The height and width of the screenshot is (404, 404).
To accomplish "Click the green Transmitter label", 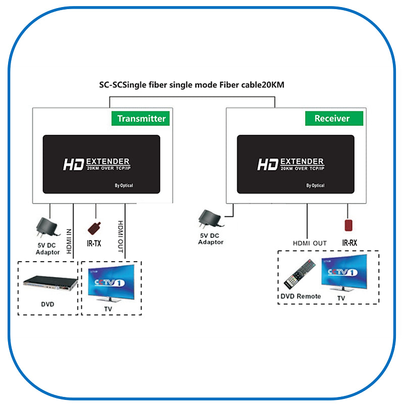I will pos(141,119).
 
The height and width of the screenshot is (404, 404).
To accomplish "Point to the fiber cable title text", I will pos(191,85).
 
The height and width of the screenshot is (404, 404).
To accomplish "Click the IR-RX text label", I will pos(349,243).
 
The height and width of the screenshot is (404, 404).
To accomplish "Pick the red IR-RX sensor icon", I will pos(347,224).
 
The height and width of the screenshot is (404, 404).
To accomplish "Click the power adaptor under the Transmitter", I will pos(47,225).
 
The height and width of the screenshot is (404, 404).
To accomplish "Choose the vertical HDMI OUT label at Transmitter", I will pos(121,237).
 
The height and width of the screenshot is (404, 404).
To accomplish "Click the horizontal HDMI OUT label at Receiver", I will pos(310,243).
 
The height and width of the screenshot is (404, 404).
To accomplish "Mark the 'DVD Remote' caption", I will pos(300,296).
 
